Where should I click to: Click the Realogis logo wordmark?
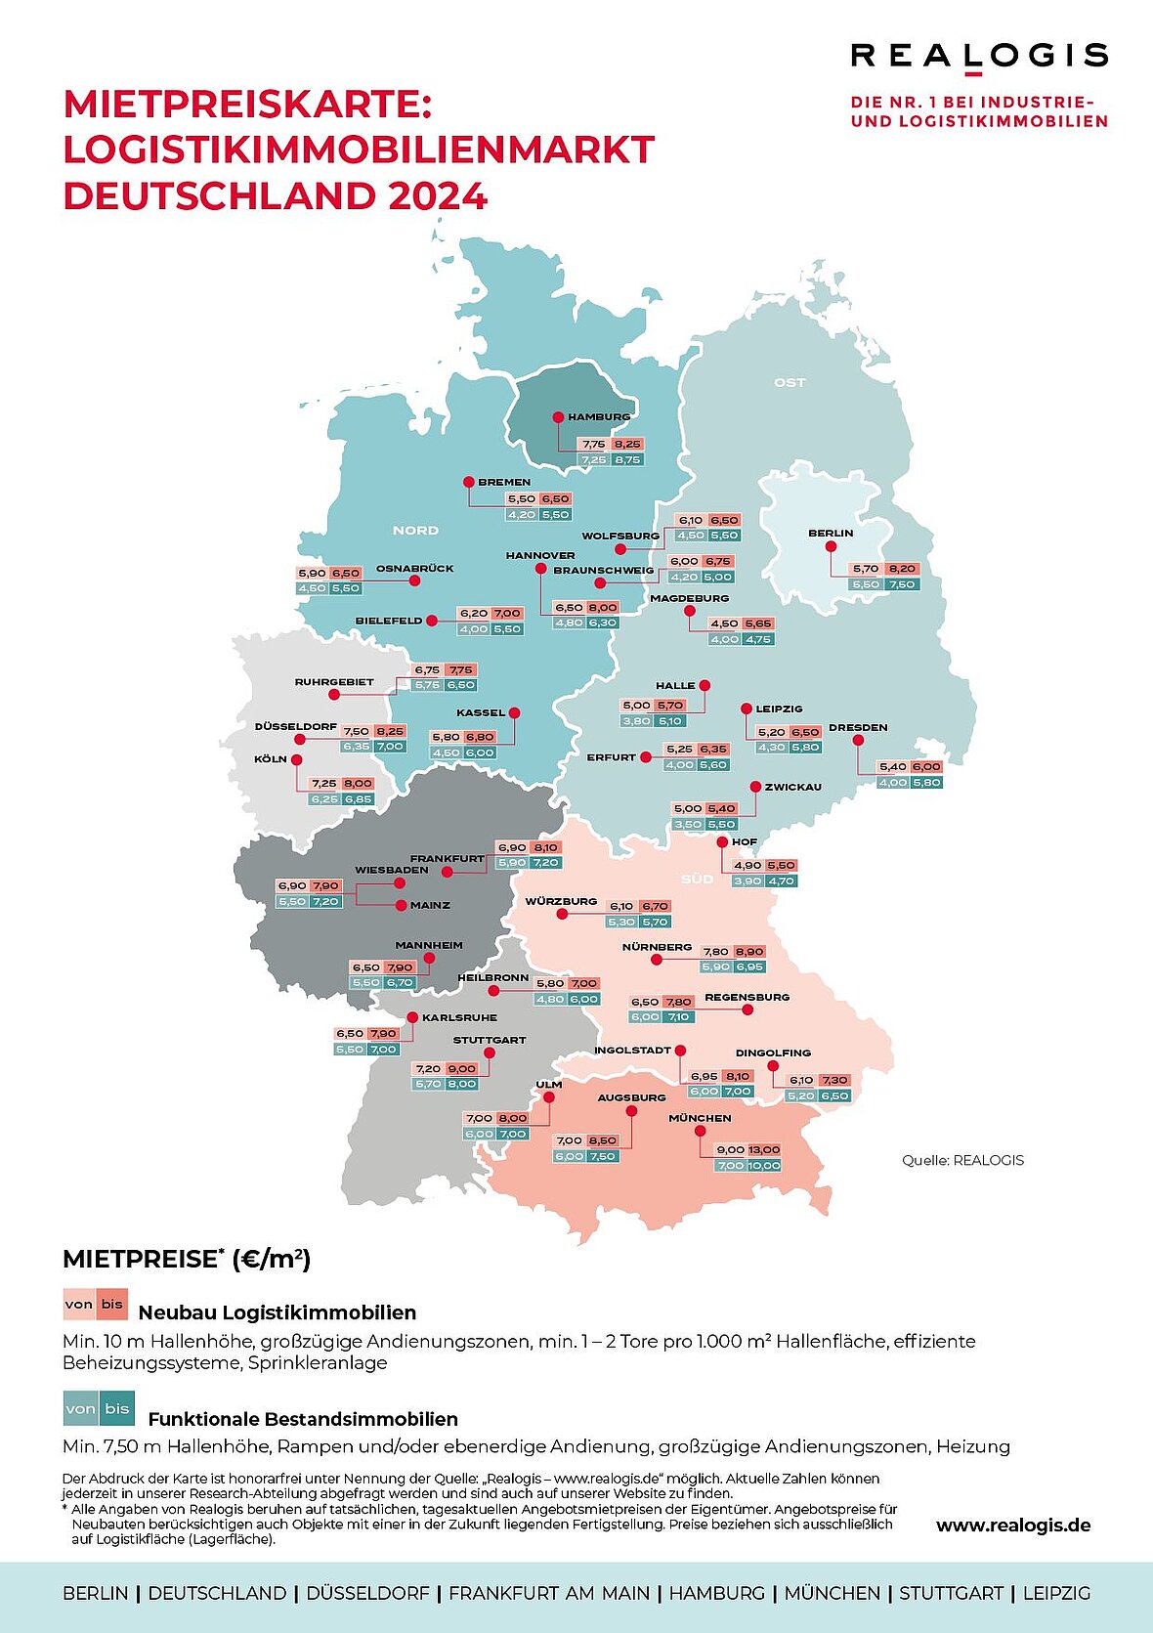click(x=979, y=56)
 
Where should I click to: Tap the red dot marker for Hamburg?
click(x=559, y=417)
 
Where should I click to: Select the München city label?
click(x=700, y=1118)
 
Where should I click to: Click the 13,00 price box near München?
click(x=764, y=1150)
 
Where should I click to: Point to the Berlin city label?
click(x=831, y=534)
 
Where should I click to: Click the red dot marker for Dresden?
click(x=858, y=741)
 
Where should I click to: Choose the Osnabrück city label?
click(x=414, y=568)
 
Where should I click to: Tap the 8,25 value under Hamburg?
click(x=627, y=445)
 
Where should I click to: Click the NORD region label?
click(x=415, y=531)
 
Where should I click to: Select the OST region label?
click(x=790, y=382)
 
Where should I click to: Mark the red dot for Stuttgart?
click(x=490, y=1053)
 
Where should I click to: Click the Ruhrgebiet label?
click(x=334, y=682)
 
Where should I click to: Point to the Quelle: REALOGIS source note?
click(x=962, y=1160)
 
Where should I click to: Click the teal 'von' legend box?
click(x=80, y=1408)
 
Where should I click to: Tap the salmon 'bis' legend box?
click(x=112, y=1305)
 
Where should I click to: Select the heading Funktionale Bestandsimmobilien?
click(x=303, y=1419)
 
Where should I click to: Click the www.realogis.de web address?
click(x=1013, y=1526)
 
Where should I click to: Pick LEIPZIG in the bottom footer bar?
click(x=1056, y=1593)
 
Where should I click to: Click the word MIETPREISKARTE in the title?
click(x=246, y=104)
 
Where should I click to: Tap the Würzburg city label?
click(x=561, y=901)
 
